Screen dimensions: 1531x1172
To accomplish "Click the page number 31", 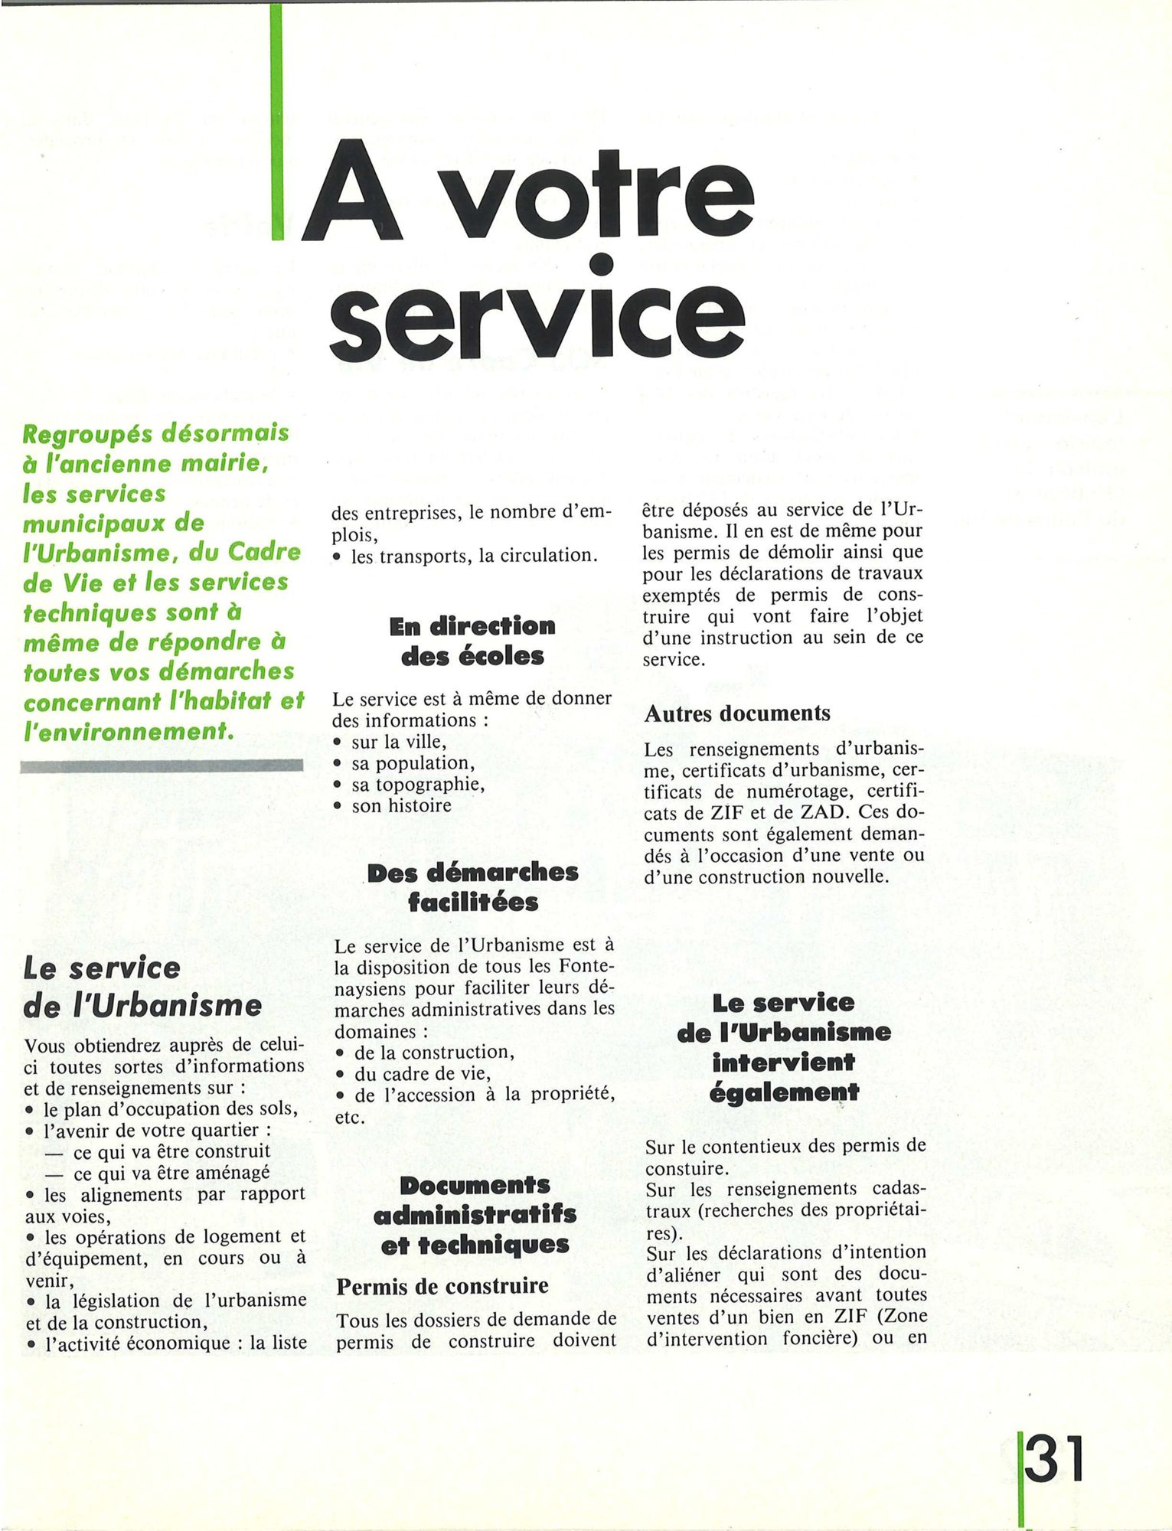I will point(1056,1461).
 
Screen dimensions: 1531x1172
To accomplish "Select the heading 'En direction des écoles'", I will point(472,641).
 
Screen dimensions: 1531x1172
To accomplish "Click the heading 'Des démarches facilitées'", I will point(472,887).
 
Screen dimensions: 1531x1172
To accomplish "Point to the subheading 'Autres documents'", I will point(737,713).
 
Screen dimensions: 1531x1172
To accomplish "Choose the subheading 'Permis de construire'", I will point(442,1285).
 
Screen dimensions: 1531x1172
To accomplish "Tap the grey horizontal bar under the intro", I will point(162,765).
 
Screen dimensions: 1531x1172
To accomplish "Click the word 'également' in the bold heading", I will point(784,1092).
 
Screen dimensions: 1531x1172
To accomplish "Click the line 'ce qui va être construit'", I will point(171,1151).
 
